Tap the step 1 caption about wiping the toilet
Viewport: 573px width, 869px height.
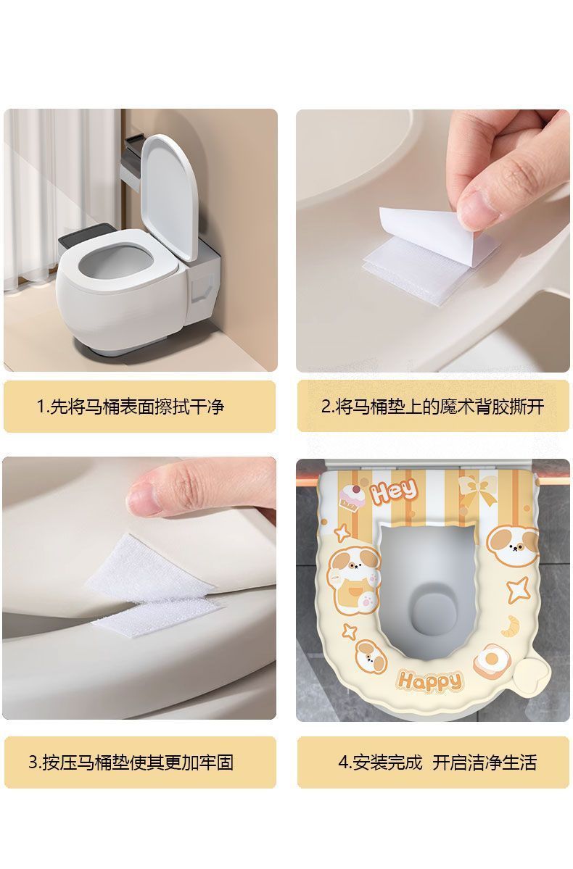click(x=131, y=407)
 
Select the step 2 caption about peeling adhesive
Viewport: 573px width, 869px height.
click(x=433, y=407)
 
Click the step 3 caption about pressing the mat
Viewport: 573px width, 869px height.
click(x=131, y=762)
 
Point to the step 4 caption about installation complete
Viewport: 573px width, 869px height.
click(x=437, y=762)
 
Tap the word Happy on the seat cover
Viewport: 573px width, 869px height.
click(x=429, y=681)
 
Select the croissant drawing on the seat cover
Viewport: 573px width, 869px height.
click(x=510, y=626)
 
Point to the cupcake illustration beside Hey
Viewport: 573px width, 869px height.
click(x=350, y=496)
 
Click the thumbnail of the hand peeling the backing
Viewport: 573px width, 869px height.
click(x=433, y=240)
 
